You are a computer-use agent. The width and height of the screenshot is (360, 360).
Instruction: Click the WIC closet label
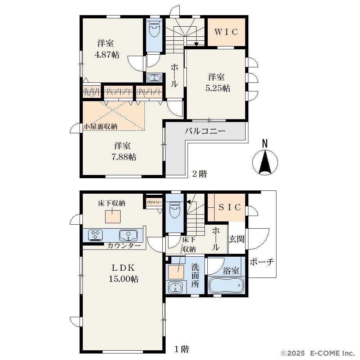click(x=226, y=32)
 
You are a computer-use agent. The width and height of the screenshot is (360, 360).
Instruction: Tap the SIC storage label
click(x=230, y=207)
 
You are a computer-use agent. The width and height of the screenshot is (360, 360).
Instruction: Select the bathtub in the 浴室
click(x=226, y=285)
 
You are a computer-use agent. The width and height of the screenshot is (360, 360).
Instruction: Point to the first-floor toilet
click(x=174, y=210)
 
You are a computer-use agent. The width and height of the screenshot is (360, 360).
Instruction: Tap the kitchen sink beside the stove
click(x=128, y=235)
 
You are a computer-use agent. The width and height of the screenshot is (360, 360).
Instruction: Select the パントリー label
click(x=154, y=202)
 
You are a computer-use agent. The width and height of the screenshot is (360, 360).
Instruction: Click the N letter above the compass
click(x=265, y=144)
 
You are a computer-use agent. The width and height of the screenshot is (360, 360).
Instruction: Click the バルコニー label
click(x=205, y=131)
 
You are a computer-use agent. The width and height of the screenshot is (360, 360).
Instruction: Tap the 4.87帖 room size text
click(x=107, y=55)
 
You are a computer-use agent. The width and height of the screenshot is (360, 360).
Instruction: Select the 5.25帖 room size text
click(x=218, y=88)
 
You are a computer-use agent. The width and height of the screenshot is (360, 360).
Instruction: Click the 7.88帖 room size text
click(x=124, y=157)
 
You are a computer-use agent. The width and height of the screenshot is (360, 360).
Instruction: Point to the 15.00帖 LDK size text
click(x=123, y=279)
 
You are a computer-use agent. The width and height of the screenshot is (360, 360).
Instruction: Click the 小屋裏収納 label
click(x=100, y=126)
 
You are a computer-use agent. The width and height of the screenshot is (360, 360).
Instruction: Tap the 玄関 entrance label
click(x=237, y=239)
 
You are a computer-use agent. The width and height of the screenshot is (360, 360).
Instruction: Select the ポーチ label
click(x=262, y=262)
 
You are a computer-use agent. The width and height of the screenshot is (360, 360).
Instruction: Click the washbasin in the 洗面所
click(x=176, y=287)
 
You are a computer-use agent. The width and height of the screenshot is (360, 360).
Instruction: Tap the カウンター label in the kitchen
click(x=124, y=246)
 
